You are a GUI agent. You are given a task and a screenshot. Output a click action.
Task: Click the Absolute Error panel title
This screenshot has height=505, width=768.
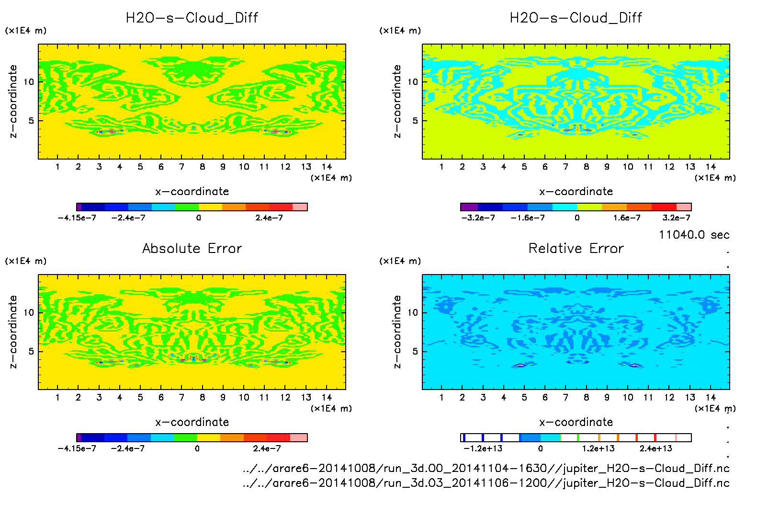pos(192,248)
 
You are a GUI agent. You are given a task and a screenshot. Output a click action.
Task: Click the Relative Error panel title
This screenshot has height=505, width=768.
pos(576,248)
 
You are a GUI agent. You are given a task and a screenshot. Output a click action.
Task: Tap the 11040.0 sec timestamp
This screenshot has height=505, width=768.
pos(694,235)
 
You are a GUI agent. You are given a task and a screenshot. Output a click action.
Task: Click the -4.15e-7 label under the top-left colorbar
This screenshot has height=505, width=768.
pos(77,218)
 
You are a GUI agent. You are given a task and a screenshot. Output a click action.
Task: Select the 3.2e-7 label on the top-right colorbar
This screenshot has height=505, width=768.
pos(676,218)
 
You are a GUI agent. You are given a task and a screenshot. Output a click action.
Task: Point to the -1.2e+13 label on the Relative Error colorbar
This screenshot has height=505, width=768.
pos(483,448)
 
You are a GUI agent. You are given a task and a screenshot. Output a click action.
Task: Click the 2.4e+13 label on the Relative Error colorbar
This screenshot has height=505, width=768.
pos(655,448)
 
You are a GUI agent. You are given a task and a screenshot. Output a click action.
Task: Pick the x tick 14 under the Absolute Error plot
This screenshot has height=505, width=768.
pos(327,397)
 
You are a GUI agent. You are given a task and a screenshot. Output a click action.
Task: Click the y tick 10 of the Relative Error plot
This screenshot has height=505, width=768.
pos(413,312)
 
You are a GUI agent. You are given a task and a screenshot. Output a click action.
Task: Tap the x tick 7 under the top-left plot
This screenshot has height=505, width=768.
pos(181,167)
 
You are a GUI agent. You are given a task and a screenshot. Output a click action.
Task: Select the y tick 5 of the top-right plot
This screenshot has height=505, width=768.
pos(415,121)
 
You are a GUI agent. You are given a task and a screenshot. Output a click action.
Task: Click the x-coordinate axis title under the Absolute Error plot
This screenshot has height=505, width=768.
pos(192,422)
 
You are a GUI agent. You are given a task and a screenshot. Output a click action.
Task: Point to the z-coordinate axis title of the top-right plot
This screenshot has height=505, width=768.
pos(397,102)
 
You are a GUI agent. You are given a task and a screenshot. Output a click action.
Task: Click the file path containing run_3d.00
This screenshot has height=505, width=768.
pos(486,468)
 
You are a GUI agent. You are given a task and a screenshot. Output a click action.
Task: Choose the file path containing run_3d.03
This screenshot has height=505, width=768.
pos(486,482)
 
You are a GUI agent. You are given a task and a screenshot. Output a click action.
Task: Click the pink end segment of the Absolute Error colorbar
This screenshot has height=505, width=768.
pos(299,437)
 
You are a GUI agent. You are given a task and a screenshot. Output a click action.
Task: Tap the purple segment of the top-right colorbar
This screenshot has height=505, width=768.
pos(469,207)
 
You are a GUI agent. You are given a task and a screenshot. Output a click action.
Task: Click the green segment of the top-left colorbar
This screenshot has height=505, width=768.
pos(187,207)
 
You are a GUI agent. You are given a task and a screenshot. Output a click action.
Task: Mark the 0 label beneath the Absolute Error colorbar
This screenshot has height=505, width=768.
pos(197,448)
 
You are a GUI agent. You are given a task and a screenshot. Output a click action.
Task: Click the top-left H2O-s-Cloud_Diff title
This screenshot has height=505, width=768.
pos(192,18)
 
